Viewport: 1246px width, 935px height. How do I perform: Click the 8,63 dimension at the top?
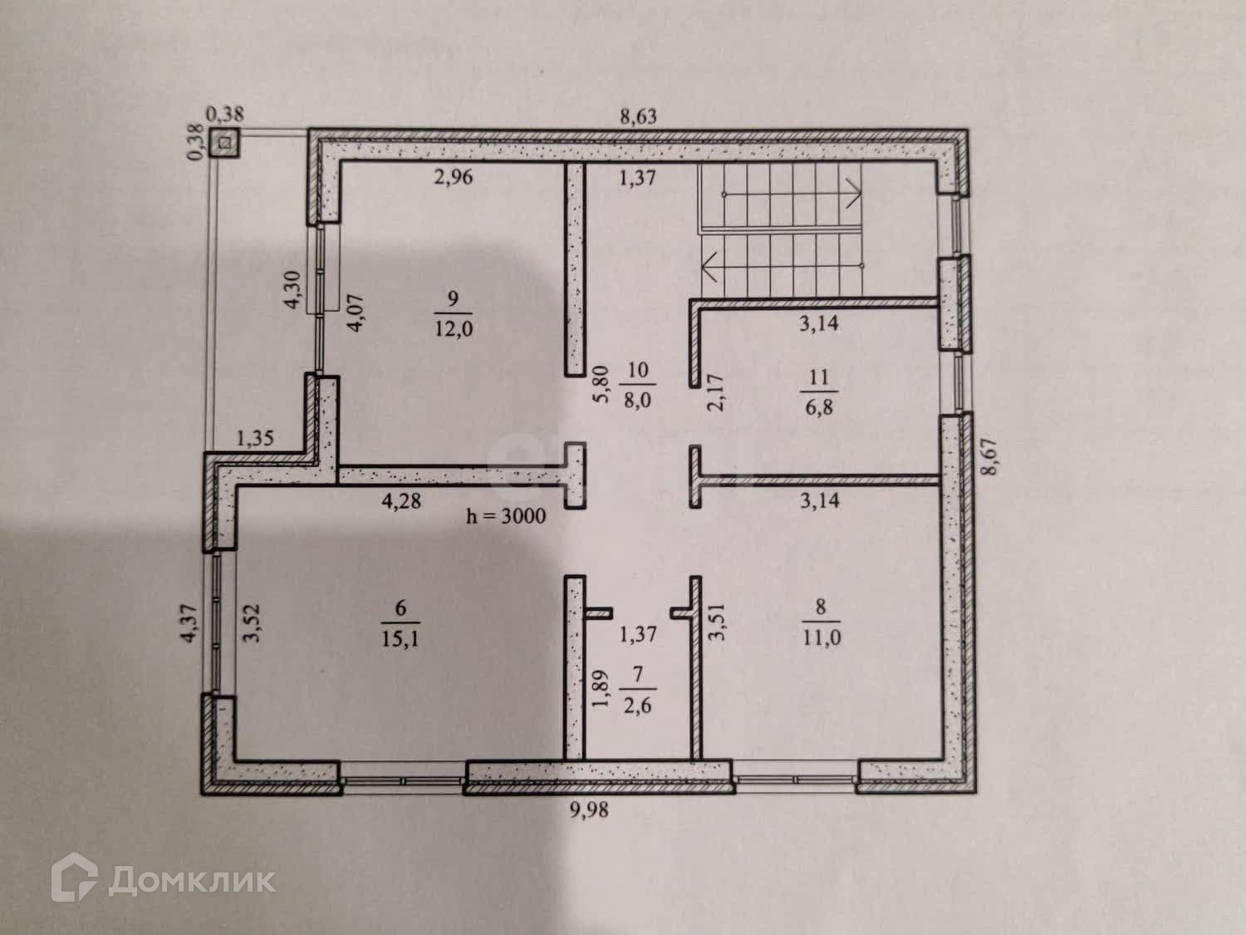pyautogui.click(x=638, y=116)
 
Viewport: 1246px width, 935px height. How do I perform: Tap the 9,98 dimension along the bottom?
pyautogui.click(x=588, y=809)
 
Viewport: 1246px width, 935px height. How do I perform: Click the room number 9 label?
pyautogui.click(x=452, y=298)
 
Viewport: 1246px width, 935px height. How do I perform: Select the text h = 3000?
pyautogui.click(x=506, y=516)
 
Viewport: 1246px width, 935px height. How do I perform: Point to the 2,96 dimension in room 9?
pyautogui.click(x=452, y=177)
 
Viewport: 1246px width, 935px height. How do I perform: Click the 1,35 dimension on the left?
pyautogui.click(x=256, y=438)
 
